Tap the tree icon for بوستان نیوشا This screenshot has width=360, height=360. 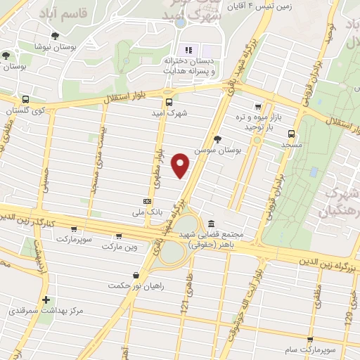click(x=55, y=35)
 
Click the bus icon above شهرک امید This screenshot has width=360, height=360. click(x=167, y=101)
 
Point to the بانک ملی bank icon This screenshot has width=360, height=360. click(x=146, y=200)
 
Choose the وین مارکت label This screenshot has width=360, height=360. click(x=119, y=247)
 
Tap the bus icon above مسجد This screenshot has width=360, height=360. click(x=291, y=134)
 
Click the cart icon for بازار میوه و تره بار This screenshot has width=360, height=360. click(x=258, y=106)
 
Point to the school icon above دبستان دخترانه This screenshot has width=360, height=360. click(x=188, y=50)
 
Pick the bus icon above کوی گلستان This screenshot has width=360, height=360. click(x=25, y=99)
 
